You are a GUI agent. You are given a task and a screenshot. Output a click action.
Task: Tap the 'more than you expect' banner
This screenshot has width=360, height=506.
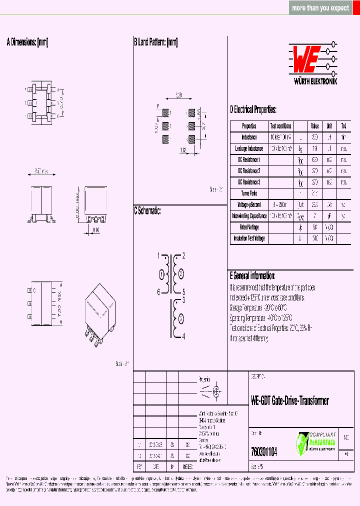click(x=320, y=8)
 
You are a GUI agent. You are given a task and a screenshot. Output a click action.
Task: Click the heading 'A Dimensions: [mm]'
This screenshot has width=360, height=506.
click(x=27, y=42)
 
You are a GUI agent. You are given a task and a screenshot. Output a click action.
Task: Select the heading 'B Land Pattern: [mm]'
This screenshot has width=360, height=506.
click(x=155, y=42)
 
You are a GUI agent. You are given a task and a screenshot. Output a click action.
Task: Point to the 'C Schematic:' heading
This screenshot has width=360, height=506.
click(x=147, y=211)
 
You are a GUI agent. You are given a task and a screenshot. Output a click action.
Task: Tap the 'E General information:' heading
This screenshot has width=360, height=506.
click(x=252, y=275)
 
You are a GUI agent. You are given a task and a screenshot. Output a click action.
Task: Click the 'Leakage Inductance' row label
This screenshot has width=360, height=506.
click(x=249, y=148)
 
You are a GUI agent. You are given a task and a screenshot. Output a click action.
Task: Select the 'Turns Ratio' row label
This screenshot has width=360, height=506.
click(x=249, y=193)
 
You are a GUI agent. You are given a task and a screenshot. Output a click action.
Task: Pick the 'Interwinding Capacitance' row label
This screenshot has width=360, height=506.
click(x=249, y=216)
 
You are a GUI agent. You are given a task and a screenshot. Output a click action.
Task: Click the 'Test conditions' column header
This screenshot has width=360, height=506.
click(x=280, y=126)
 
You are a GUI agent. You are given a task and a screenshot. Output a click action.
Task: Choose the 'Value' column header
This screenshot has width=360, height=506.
click(x=315, y=126)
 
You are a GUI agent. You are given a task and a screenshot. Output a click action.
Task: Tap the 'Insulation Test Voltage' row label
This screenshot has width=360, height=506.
click(x=249, y=238)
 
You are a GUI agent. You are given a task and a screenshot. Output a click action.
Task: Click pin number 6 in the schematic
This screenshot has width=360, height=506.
click(x=158, y=292)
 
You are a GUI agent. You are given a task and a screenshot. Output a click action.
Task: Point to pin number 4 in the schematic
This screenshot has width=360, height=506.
click(x=183, y=336)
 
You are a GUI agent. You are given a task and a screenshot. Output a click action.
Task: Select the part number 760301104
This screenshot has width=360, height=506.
click(x=263, y=451)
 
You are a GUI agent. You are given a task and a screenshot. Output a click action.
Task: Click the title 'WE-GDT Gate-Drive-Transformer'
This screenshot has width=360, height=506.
click(x=289, y=401)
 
